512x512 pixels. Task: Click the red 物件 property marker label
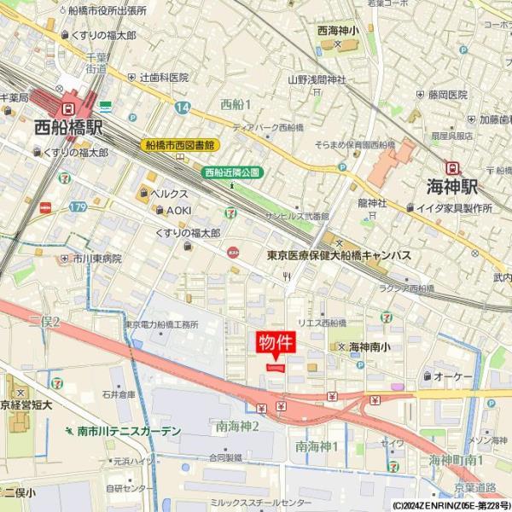click(x=276, y=343)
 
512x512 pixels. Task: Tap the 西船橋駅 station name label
click(x=69, y=129)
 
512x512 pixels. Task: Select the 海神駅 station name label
click(x=452, y=188)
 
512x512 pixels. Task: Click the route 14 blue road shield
click(x=183, y=108)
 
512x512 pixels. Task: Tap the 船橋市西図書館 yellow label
click(x=181, y=145)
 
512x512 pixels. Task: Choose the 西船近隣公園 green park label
click(x=232, y=172)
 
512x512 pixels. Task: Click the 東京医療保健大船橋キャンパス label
click(x=339, y=255)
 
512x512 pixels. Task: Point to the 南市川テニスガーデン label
click(x=129, y=431)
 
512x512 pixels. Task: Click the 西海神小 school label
click(x=338, y=31)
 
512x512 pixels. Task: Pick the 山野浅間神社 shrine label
click(x=317, y=79)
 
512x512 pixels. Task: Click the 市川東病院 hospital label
click(x=96, y=258)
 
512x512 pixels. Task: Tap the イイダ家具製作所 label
click(x=455, y=207)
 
